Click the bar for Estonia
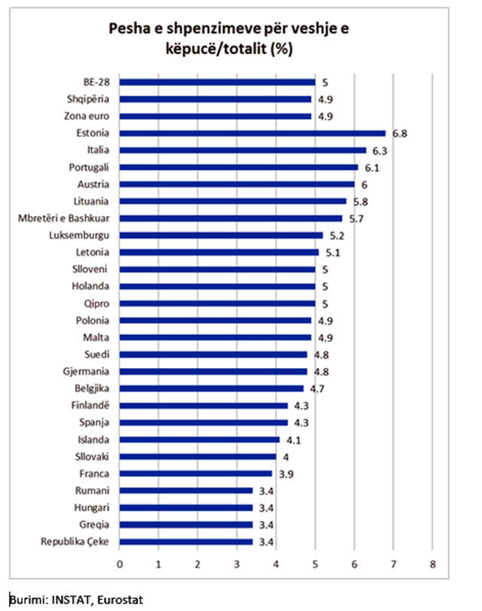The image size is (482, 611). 252,133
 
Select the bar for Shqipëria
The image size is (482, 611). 215,99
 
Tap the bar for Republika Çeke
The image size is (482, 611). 186,542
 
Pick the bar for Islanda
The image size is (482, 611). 200,439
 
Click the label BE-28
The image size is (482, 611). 97,82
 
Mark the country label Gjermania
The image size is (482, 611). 89,372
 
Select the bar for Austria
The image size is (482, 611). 236,184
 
